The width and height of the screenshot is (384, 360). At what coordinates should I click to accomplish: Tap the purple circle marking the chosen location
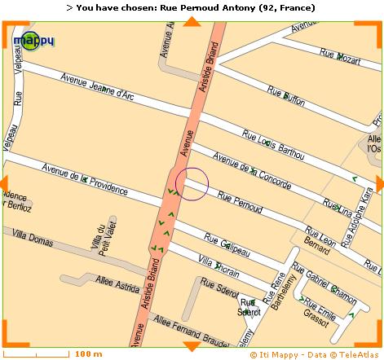click(x=192, y=183)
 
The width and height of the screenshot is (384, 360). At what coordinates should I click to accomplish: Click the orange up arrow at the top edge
click(x=192, y=21)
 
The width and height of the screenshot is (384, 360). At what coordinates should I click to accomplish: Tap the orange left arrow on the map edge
click(x=5, y=183)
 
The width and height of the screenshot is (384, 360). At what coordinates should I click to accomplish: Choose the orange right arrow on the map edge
click(x=379, y=183)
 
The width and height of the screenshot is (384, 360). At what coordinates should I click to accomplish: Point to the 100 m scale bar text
click(x=88, y=354)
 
